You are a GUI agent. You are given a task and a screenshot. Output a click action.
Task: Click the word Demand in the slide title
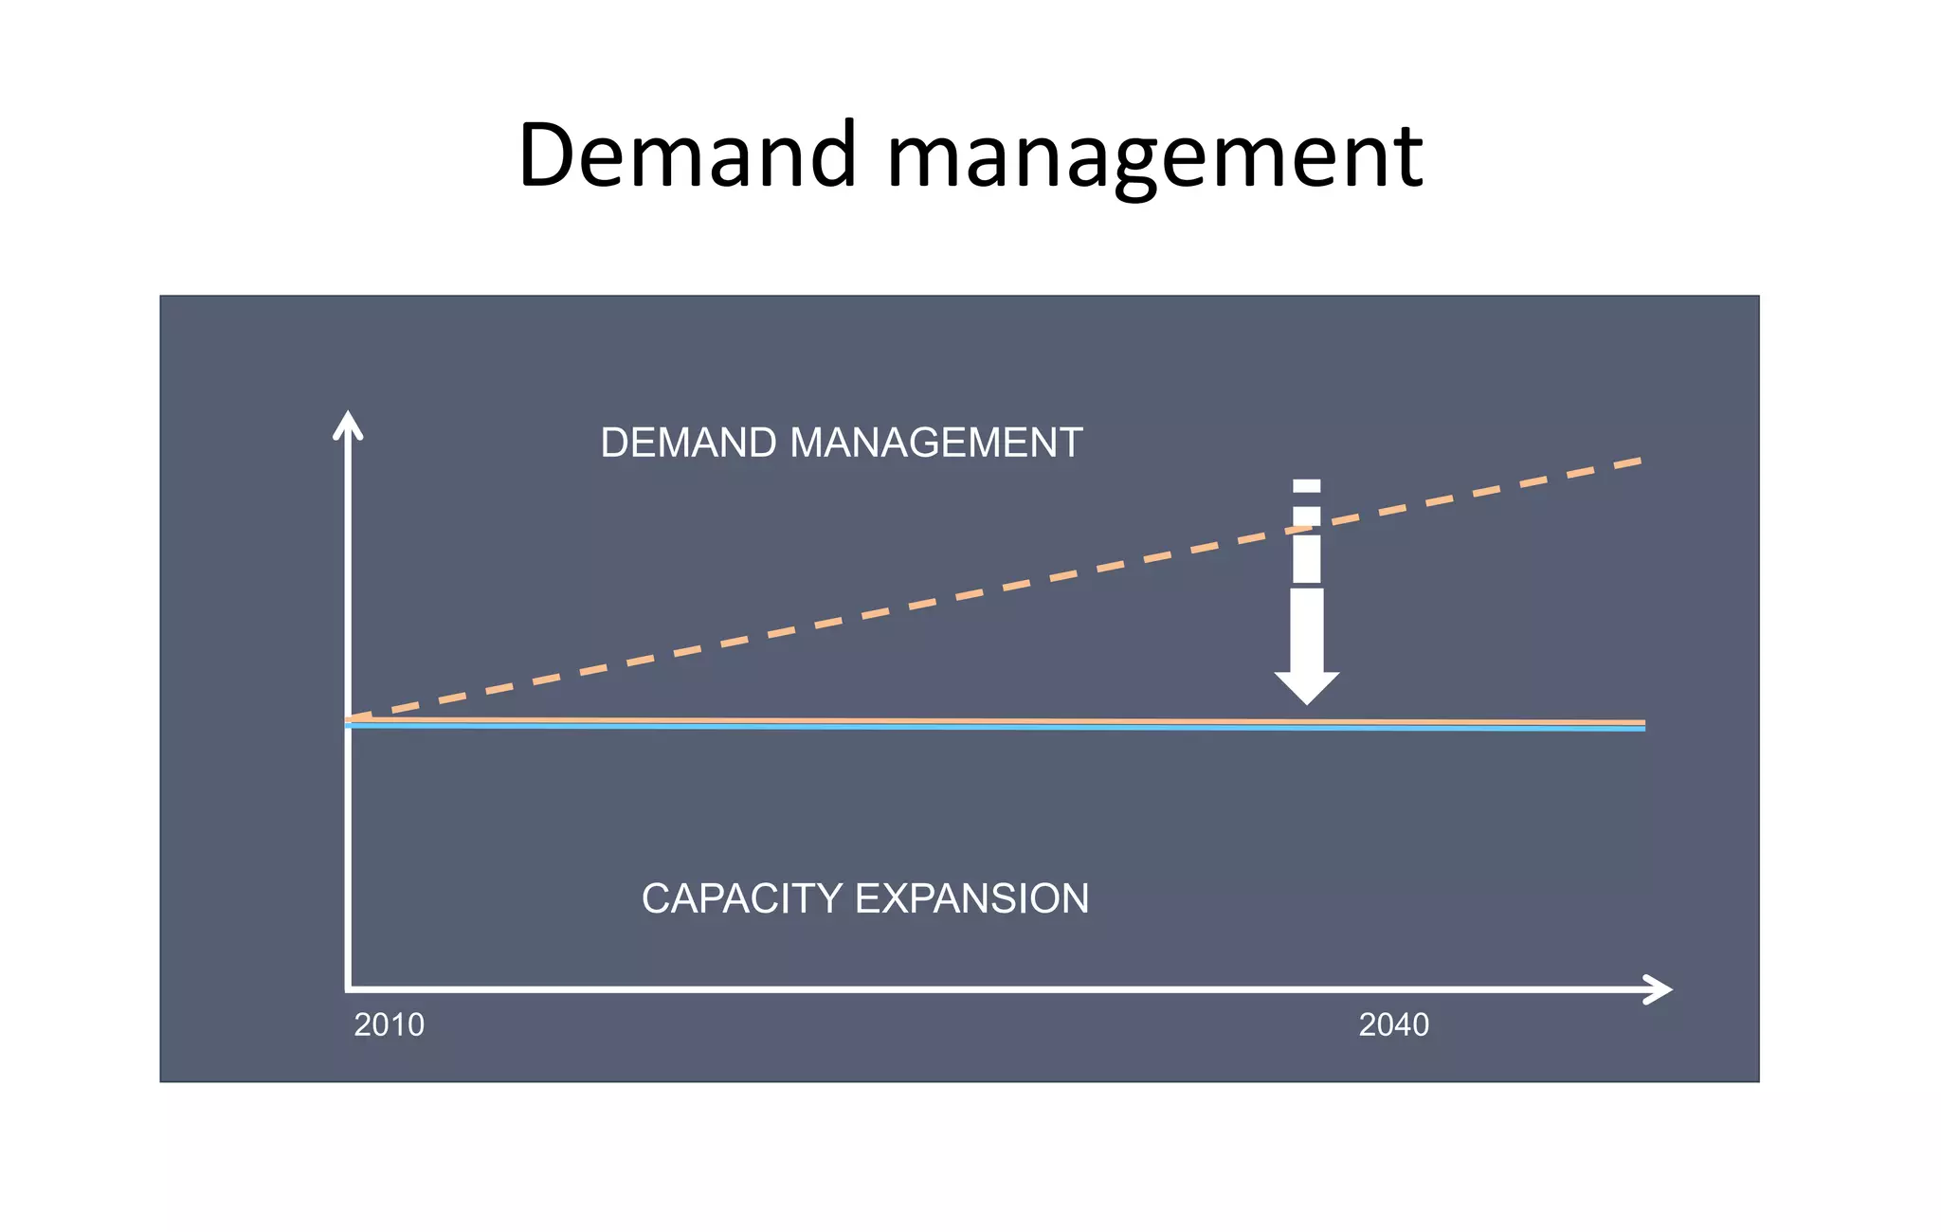click(688, 154)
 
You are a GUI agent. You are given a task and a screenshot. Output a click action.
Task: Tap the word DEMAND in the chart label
click(689, 444)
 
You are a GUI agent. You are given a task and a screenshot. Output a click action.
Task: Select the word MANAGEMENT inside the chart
click(935, 444)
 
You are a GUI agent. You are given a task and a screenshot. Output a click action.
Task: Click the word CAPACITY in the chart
click(741, 898)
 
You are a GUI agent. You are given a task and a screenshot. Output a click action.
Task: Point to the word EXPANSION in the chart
click(971, 898)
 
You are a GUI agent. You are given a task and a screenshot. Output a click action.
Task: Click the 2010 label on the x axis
click(389, 1024)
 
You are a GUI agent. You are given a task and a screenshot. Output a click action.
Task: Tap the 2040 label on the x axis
click(1393, 1024)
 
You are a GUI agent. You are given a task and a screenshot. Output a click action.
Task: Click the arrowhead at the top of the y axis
click(348, 424)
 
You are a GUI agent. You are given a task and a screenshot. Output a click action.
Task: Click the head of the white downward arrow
click(1307, 686)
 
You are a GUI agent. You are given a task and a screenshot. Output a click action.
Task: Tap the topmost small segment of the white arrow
click(1307, 486)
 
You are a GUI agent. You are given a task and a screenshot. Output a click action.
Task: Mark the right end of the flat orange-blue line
click(1642, 725)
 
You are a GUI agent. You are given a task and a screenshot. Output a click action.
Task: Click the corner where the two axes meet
click(349, 988)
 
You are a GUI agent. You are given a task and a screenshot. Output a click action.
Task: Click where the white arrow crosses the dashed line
click(1307, 529)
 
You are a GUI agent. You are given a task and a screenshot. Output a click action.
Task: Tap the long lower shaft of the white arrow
click(1307, 630)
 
